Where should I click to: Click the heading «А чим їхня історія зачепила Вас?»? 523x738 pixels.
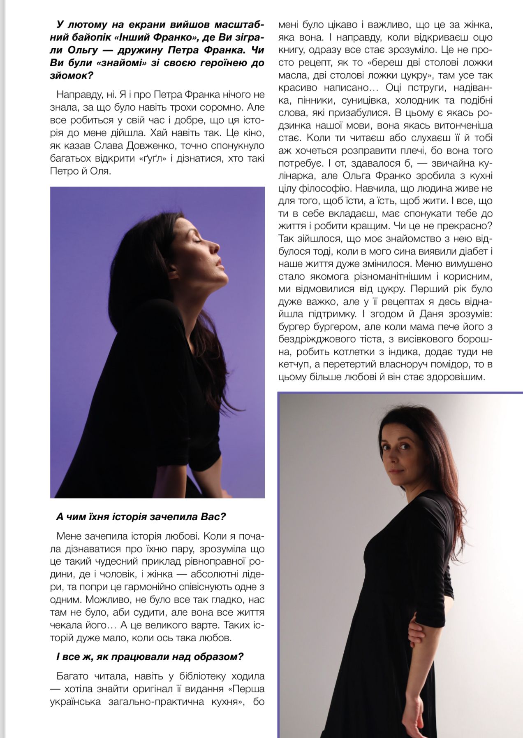141,517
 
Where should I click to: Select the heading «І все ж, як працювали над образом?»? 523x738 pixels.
150,657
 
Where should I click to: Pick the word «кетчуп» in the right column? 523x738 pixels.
294,364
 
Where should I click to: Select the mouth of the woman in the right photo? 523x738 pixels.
395,470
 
